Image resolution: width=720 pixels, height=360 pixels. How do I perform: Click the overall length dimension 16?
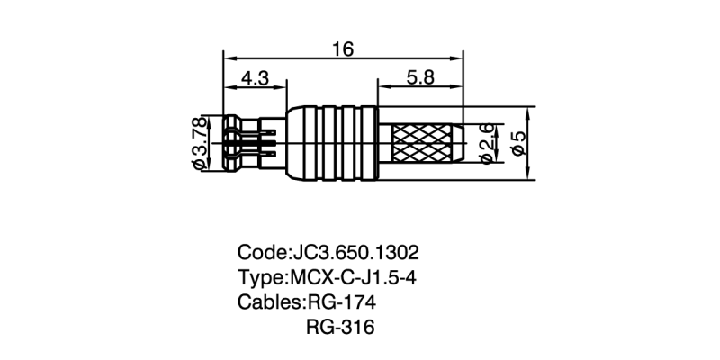coord(342,49)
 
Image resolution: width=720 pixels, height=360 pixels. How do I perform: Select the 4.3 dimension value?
coord(255,78)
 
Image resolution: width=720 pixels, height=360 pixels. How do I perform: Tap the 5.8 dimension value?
coord(419,78)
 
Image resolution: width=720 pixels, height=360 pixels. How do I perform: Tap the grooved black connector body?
coord(333,143)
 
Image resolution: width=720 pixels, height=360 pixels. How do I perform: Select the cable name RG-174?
coord(341,301)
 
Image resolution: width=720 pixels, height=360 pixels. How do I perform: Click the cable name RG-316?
coord(340,326)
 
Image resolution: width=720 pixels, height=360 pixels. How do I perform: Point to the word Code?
coord(262,251)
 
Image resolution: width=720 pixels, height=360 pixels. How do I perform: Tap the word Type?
coord(261,276)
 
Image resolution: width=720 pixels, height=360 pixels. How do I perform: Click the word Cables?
coord(270,301)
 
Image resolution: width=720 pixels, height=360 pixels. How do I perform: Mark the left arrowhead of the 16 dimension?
coord(226,59)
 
